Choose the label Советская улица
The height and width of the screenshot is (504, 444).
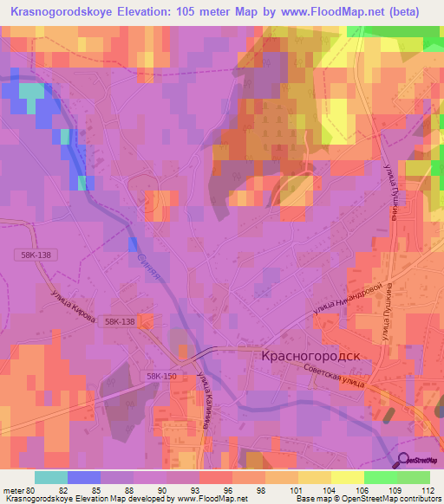pyautogui.click(x=343, y=378)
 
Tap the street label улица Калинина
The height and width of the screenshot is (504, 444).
pyautogui.click(x=206, y=401)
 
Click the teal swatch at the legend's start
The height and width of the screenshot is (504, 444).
pyautogui.click(x=50, y=477)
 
